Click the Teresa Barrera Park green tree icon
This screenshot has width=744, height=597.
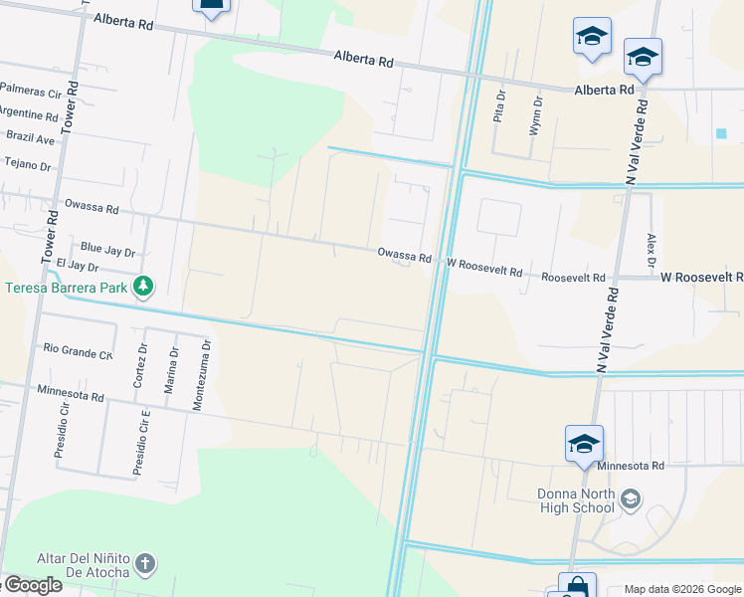[x=145, y=288]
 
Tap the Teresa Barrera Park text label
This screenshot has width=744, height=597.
[x=66, y=289]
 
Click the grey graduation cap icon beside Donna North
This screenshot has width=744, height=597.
[x=629, y=497]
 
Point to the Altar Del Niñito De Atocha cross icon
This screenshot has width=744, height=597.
[x=145, y=564]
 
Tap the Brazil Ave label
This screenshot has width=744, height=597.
[x=30, y=139]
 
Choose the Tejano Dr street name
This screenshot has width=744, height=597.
[x=28, y=164]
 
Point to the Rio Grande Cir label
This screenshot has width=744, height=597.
[x=78, y=350]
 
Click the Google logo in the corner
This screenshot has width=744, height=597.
[x=32, y=585]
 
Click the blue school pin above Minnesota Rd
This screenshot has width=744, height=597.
[x=584, y=444]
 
